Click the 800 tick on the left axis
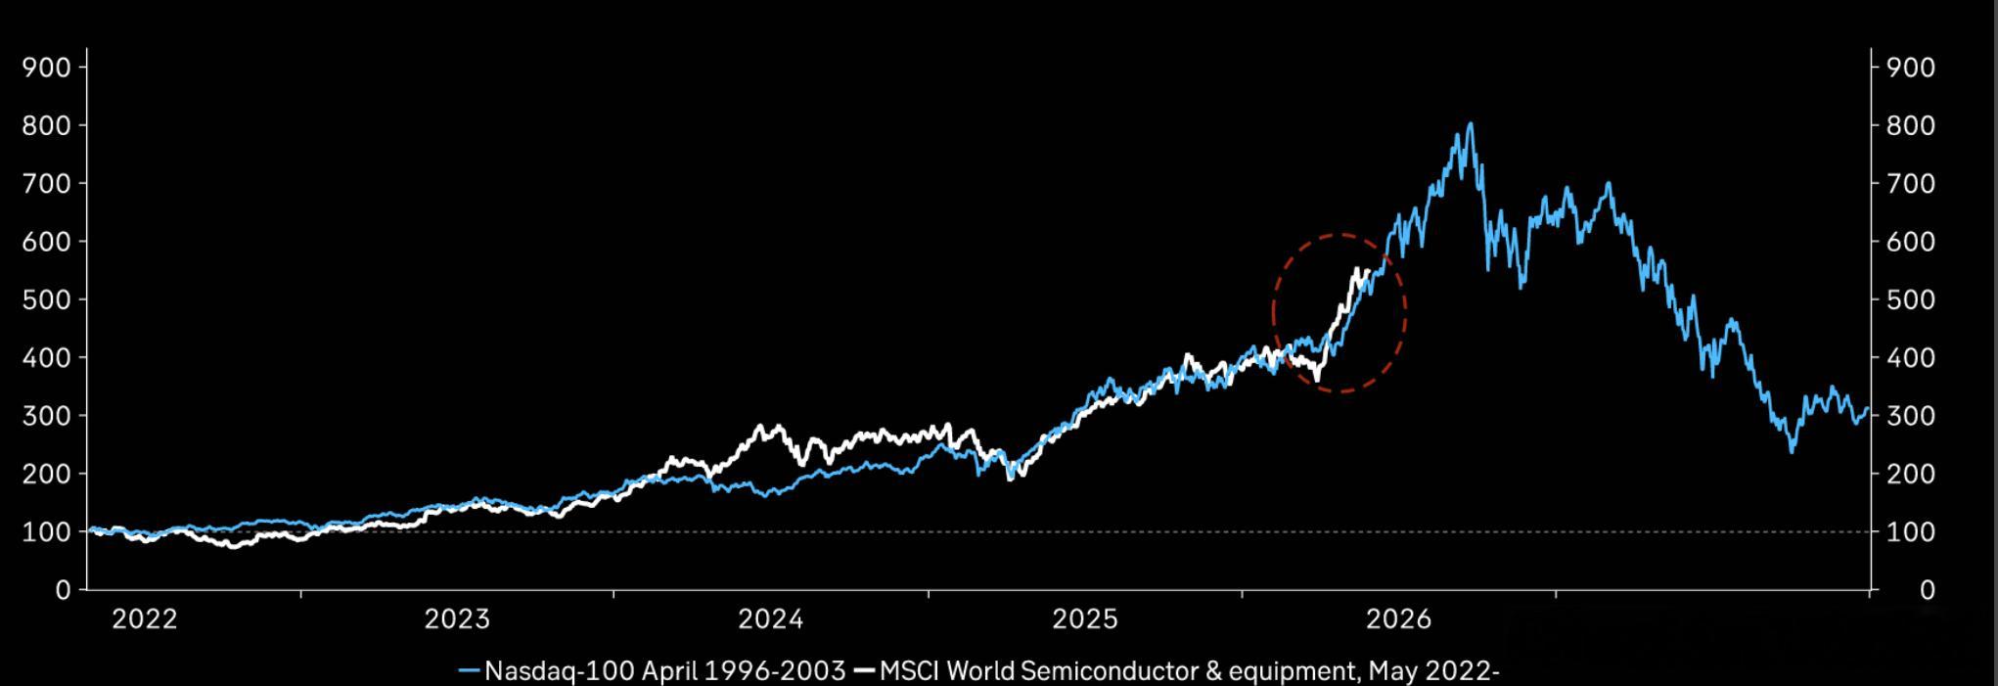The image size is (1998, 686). coord(47,125)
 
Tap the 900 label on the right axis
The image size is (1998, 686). coord(1910,68)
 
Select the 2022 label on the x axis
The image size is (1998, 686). coord(145,619)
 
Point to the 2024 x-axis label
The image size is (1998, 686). coord(771,619)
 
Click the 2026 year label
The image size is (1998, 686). coord(1398,619)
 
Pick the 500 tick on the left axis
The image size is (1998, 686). coord(47,299)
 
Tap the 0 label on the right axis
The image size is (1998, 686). coord(1927,590)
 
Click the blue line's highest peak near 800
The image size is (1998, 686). coord(1470,124)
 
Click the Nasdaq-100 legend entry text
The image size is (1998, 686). coord(665,671)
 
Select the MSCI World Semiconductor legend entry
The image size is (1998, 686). coord(1190,671)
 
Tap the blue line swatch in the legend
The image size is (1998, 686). coord(471,671)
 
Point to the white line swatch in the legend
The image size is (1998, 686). coord(865,671)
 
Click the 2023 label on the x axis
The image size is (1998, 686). coord(457,619)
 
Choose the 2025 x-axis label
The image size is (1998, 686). coord(1085,619)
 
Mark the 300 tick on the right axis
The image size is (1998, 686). coord(1910,416)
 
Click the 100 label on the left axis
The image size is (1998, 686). coord(47,532)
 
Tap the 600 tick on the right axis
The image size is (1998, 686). coord(1910,242)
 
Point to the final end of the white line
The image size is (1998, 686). coord(1367,271)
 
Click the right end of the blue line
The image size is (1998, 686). coord(1868,409)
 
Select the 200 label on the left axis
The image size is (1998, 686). coord(47,474)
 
